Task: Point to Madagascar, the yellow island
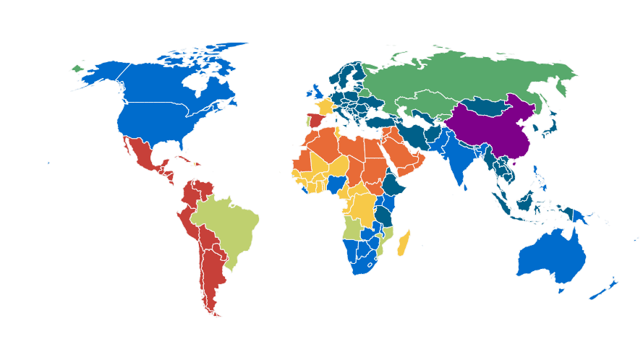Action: tap(403, 243)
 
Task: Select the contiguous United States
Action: tap(156, 119)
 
